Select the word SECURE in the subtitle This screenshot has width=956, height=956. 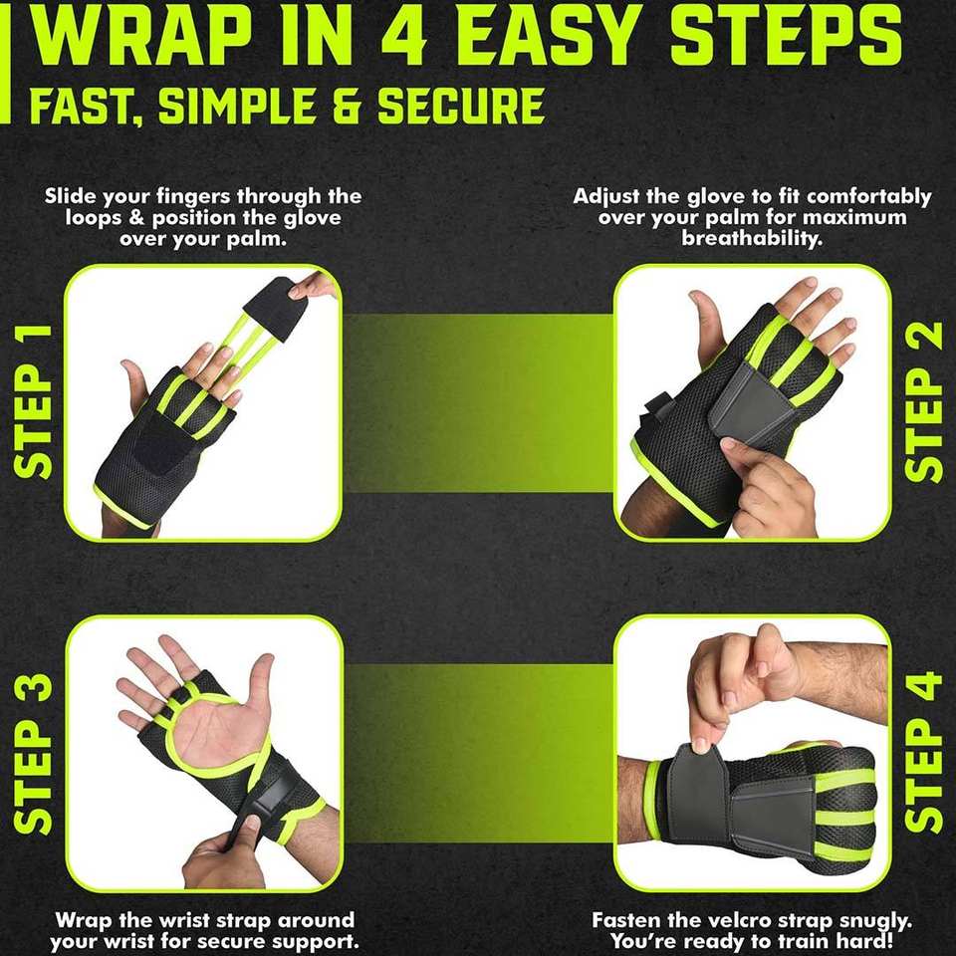click(461, 106)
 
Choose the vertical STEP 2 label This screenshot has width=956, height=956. click(924, 401)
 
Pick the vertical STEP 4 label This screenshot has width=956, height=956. click(924, 752)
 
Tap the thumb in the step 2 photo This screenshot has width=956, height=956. click(707, 330)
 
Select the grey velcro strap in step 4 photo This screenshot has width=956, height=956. click(726, 799)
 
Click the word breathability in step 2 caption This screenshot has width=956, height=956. click(753, 238)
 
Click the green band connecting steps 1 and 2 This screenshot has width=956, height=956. click(478, 402)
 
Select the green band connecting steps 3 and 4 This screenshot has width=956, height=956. click(478, 754)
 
